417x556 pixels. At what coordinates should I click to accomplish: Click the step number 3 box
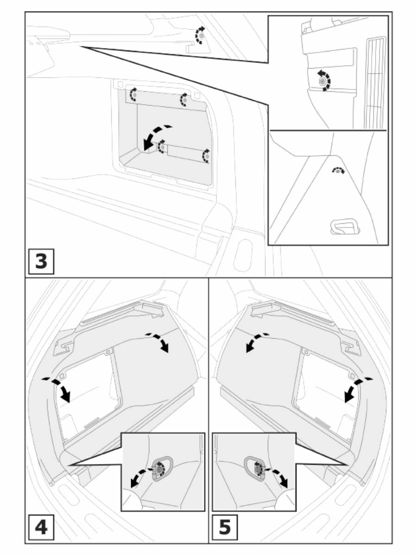41,261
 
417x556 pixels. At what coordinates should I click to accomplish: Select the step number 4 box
41,527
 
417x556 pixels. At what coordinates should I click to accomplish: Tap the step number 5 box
225,527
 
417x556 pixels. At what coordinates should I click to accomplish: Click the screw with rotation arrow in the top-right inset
322,82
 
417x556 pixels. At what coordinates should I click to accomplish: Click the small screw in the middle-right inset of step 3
339,171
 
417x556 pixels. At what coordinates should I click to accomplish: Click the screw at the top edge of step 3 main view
201,35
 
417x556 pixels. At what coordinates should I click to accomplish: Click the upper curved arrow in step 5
256,342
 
